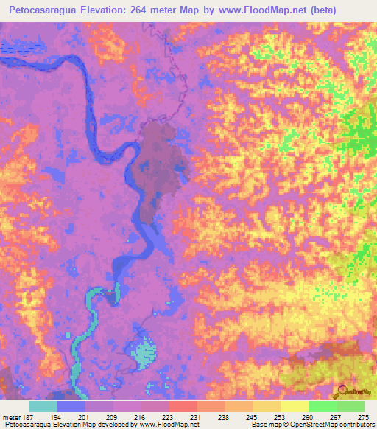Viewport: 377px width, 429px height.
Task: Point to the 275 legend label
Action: [x=364, y=416]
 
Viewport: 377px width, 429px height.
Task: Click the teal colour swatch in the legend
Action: [x=43, y=406]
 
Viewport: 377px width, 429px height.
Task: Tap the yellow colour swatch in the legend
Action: [x=295, y=406]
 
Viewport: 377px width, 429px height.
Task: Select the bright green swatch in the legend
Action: [x=323, y=406]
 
